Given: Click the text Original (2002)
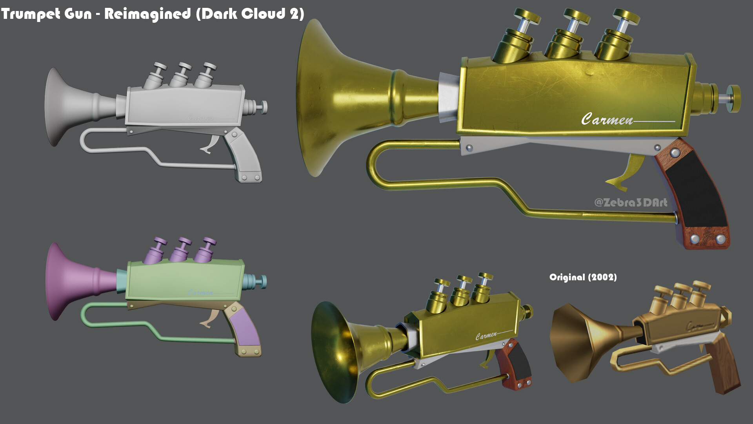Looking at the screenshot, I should (583, 277).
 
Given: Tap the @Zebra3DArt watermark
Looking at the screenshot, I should (630, 202).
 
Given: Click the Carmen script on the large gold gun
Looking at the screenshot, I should (607, 119).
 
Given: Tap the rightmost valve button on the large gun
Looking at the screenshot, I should (626, 16).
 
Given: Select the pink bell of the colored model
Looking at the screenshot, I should (67, 281).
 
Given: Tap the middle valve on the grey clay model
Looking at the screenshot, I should (183, 67).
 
